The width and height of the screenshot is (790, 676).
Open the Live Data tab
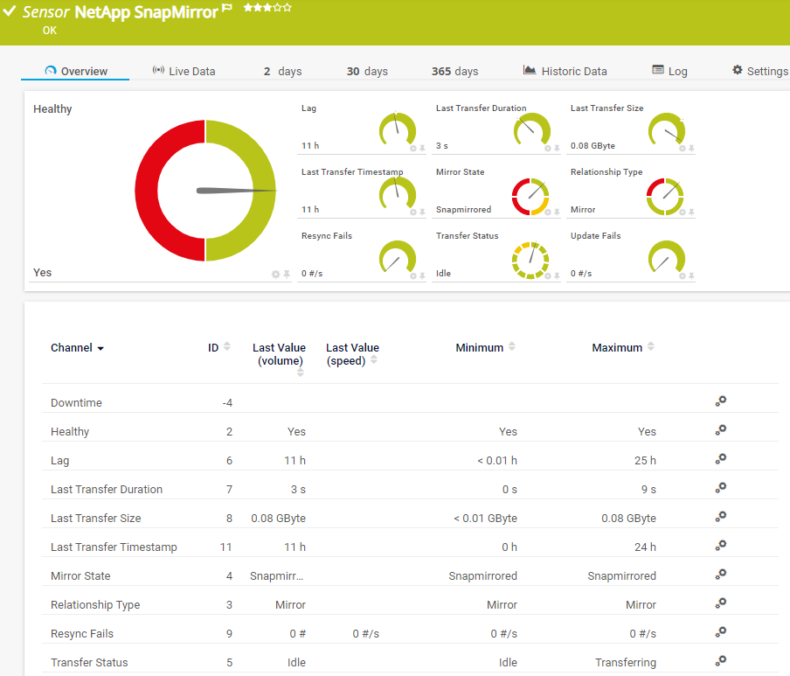tap(184, 72)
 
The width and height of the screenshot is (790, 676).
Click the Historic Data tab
tap(565, 72)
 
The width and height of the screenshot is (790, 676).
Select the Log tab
tap(669, 72)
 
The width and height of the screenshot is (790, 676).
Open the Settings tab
tap(759, 72)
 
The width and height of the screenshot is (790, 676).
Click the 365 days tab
tap(454, 72)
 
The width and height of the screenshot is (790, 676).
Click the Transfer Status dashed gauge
tap(530, 260)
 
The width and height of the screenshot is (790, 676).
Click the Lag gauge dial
tap(398, 130)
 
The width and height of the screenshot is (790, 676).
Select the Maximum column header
tap(617, 348)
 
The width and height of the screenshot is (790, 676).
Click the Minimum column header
tap(479, 348)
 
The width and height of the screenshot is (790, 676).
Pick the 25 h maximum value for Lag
tap(645, 461)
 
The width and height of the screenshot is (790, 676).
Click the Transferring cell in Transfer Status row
tap(625, 663)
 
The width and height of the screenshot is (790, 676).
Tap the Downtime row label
tap(76, 403)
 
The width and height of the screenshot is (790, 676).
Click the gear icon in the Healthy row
tap(720, 430)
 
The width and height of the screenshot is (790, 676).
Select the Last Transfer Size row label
tap(95, 519)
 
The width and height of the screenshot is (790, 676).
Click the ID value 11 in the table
tap(225, 547)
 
